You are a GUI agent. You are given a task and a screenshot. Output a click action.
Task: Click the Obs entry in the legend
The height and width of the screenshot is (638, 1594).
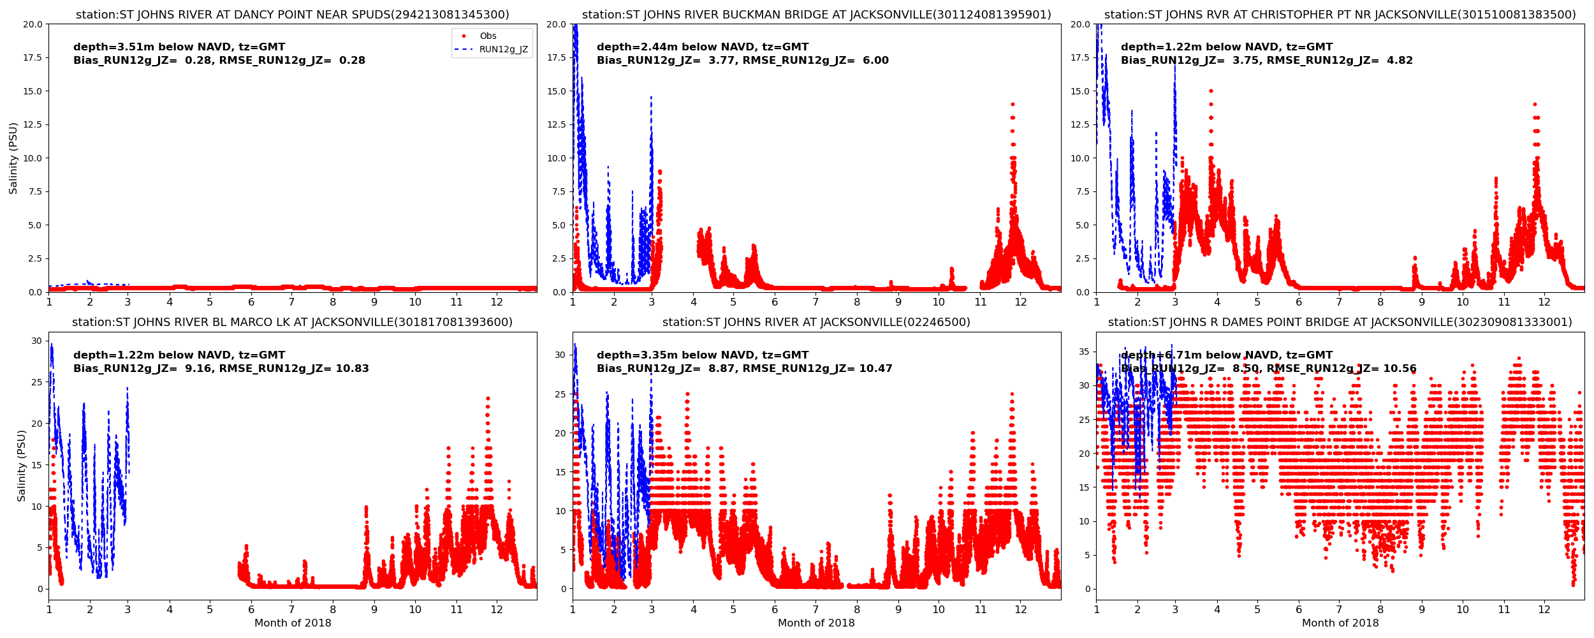[488, 36]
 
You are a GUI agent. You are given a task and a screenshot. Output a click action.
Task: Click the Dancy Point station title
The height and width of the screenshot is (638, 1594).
[292, 15]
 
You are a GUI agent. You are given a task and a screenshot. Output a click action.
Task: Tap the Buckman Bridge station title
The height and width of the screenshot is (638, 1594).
[816, 15]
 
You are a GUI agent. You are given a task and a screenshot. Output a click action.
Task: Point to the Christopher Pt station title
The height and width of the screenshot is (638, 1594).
[1340, 15]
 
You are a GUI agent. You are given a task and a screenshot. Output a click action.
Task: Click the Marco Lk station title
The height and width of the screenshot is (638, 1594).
[292, 322]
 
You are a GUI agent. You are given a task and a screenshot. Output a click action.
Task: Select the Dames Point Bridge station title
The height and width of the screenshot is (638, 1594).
[1340, 322]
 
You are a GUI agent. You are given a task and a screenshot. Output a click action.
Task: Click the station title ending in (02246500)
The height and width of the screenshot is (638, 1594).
[816, 322]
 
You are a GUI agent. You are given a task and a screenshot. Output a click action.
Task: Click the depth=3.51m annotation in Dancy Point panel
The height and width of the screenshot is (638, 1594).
[179, 47]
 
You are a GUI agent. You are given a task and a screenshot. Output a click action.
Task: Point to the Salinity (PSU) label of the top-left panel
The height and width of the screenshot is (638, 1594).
[13, 158]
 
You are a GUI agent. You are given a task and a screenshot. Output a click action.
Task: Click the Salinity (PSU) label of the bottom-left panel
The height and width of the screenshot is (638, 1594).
[22, 466]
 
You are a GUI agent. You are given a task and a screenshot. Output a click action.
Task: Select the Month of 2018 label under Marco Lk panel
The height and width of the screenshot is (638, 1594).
[293, 623]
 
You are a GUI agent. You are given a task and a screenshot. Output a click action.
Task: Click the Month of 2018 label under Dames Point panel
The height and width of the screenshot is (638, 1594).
[1340, 623]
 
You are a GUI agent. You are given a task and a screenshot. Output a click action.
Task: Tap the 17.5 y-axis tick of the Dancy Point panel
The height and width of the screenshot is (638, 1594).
[33, 57]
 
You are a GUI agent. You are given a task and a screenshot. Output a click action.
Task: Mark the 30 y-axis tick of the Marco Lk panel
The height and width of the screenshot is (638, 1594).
[36, 341]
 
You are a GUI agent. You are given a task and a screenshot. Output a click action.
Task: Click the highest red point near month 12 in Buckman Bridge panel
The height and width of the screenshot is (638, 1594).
[1012, 104]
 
